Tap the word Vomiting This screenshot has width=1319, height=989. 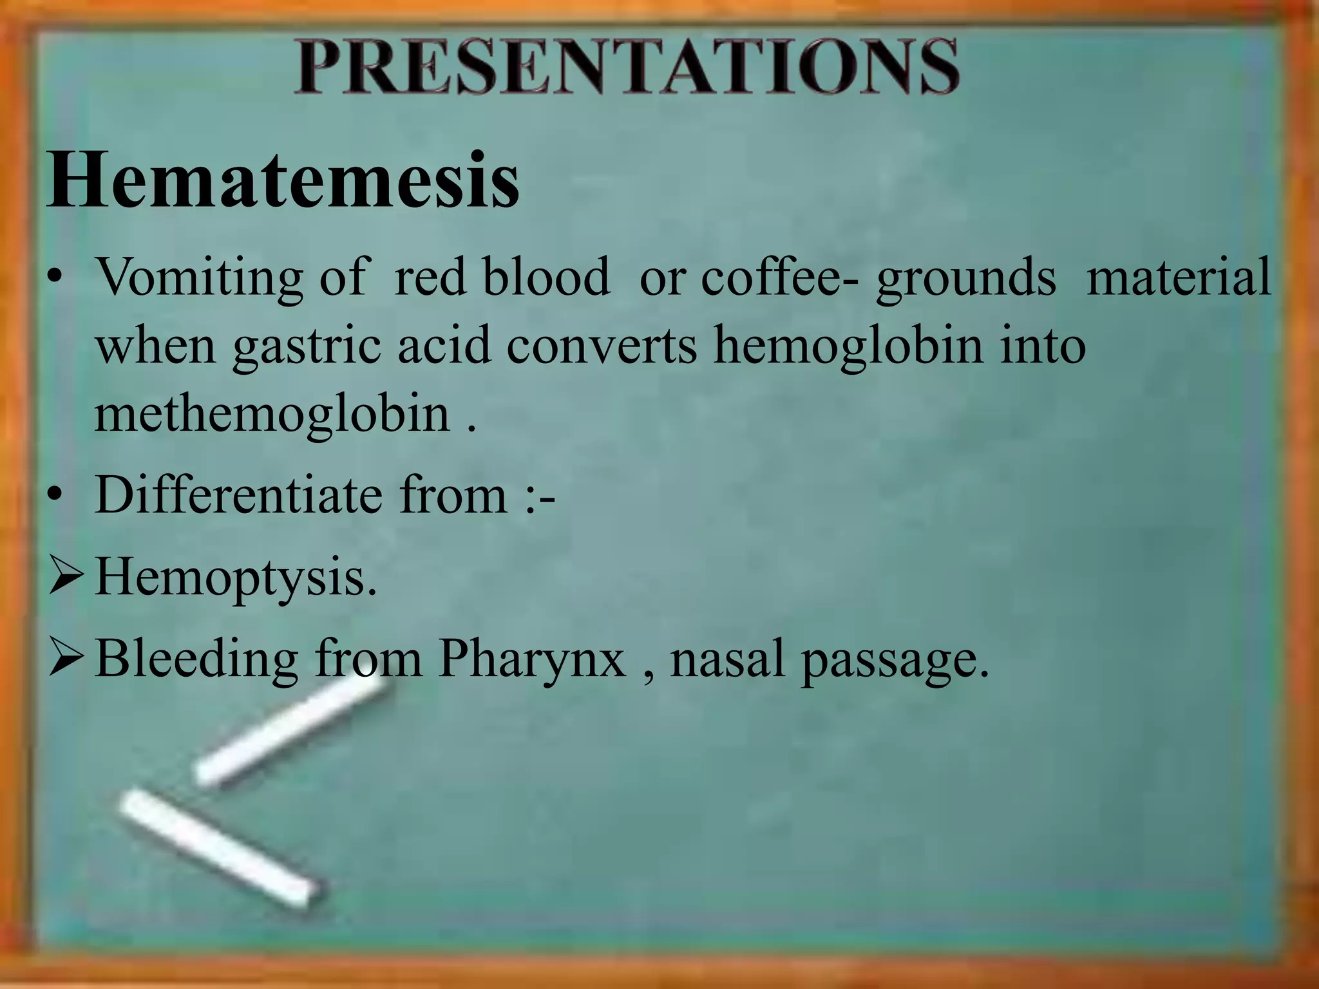tap(199, 278)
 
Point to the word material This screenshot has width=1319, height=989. tap(1179, 276)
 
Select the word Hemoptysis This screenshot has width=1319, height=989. tap(236, 578)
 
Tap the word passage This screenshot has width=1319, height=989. tap(895, 661)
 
